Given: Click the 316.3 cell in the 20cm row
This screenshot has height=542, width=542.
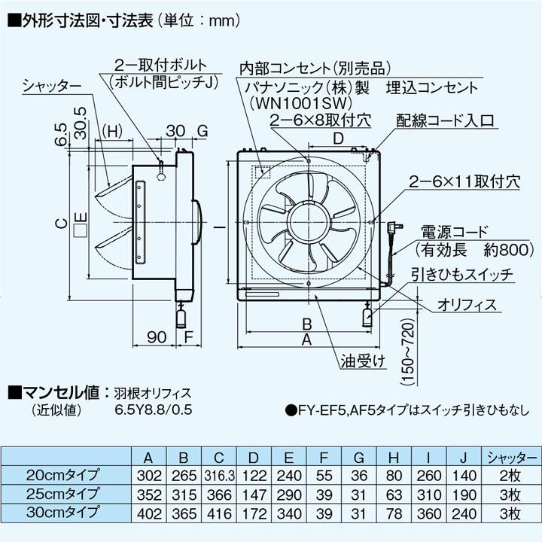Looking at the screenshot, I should coord(219,476).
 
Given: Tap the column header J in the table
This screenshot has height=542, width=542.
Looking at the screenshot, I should coord(465,457).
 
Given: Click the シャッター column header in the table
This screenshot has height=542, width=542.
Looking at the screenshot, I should coord(511,457).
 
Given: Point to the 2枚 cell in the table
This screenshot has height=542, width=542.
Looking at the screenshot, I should coord(511,476).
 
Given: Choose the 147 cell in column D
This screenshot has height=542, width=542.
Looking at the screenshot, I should coord(254,495).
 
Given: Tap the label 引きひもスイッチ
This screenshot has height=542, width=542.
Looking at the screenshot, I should coord(462,276).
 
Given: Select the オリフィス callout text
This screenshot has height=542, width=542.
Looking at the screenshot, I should coord(467,304).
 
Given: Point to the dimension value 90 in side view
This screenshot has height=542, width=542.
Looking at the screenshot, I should coord(157,336).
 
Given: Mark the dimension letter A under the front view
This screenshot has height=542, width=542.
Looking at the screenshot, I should coord(307,340).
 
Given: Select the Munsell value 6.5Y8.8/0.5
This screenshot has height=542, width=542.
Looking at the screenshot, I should coord(151,410).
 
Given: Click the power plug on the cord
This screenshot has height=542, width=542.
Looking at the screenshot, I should coord(393,227).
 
